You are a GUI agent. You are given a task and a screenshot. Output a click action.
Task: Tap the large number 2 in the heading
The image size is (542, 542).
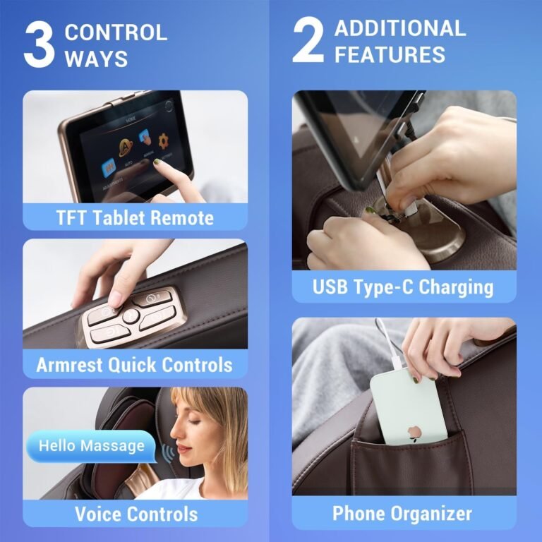[x=308, y=42]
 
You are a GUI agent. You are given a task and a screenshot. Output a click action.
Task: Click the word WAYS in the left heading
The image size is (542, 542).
[x=96, y=59]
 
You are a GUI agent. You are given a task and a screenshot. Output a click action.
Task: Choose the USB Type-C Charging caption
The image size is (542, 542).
[x=404, y=287]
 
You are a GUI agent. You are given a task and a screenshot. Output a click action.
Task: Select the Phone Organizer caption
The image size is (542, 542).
[x=404, y=513]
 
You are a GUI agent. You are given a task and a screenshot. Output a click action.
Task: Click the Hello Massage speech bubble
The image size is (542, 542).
[x=91, y=446]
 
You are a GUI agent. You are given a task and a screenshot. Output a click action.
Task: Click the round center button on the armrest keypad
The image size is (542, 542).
[x=132, y=315]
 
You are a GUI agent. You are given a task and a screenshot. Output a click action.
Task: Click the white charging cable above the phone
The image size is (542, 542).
[x=387, y=347]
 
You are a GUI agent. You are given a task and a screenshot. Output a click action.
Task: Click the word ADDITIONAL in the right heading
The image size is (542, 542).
[x=399, y=28]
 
